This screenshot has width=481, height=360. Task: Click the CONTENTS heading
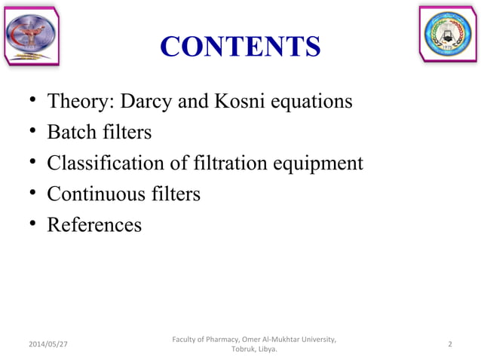click(x=240, y=47)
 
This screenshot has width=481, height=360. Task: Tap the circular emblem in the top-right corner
click(x=449, y=35)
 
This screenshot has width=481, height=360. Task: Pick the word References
click(x=93, y=225)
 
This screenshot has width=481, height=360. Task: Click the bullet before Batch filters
click(x=28, y=133)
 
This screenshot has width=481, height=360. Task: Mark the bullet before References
click(x=28, y=226)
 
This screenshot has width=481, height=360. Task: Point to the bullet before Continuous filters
click(x=28, y=195)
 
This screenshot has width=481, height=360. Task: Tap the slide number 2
click(x=449, y=344)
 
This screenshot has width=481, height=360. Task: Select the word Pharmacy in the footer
click(x=217, y=338)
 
